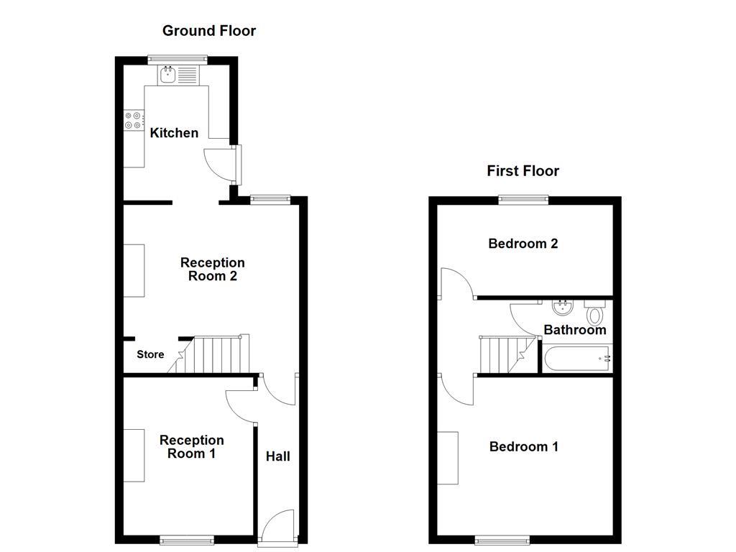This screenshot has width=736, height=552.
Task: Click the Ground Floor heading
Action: pos(208,30)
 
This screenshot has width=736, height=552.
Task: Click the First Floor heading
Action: pos(523,170)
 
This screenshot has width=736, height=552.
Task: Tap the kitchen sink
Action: pos(168,73)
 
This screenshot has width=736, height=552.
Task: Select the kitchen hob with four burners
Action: pos(133,120)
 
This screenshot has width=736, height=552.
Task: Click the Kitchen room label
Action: pos(174,133)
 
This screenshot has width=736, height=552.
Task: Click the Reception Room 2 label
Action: pos(212,270)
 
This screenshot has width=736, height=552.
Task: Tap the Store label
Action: pos(150,354)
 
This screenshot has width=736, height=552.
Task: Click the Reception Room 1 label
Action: pos(191,446)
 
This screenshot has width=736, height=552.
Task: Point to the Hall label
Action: pos(278,456)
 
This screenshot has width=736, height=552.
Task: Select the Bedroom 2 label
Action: pos(523,244)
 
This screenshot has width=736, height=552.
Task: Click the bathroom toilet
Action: pos(594,313)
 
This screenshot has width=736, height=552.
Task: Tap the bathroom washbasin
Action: pos(562,308)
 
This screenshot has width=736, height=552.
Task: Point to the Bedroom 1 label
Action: pos(523,447)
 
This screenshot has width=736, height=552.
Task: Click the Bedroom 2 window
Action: pos(523,200)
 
